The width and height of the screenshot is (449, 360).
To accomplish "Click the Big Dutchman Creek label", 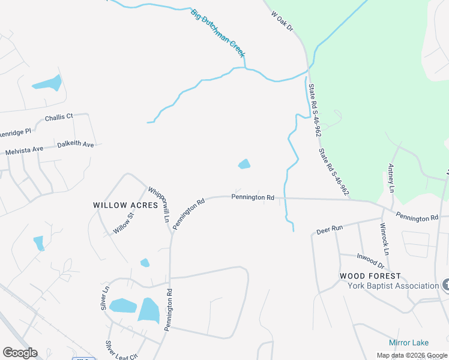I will click(x=218, y=34).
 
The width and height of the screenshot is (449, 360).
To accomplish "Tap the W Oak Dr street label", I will click(x=281, y=21).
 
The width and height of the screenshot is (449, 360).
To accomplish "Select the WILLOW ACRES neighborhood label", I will click(x=125, y=205).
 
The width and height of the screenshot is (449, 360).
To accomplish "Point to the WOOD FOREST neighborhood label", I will click(x=370, y=276).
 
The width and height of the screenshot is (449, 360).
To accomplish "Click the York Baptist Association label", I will click(x=393, y=286).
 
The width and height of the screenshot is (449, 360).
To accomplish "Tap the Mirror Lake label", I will click(x=408, y=343).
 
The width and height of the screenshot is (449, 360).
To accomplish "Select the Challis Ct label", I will click(x=59, y=116).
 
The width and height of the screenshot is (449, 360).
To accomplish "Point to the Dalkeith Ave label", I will click(x=76, y=145).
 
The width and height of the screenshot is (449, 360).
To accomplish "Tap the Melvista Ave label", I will click(x=25, y=151).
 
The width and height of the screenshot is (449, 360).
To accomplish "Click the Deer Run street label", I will click(x=329, y=229).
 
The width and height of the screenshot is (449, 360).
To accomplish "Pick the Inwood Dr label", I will click(x=370, y=261).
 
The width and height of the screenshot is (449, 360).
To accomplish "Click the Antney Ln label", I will click(x=391, y=178).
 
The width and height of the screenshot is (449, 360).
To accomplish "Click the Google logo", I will click(x=20, y=353).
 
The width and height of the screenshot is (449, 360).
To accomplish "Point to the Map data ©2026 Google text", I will click(x=411, y=355).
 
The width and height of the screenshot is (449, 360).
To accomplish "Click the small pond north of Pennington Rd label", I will click(x=244, y=164).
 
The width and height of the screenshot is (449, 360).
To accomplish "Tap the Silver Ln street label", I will click(x=106, y=296).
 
